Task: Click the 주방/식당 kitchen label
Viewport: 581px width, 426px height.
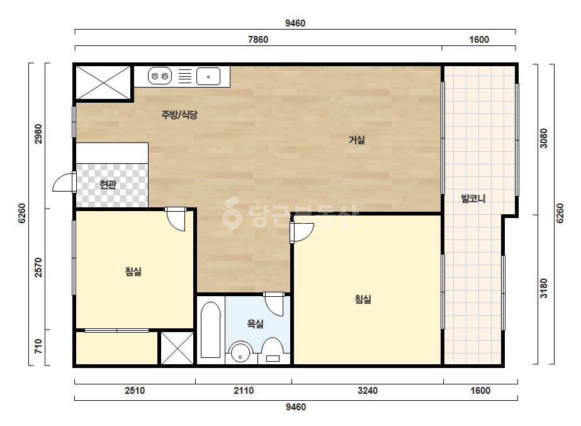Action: click(x=179, y=115)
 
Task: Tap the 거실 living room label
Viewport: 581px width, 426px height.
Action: click(x=356, y=140)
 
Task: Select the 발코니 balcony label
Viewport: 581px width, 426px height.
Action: click(x=473, y=199)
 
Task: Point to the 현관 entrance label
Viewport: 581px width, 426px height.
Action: click(x=108, y=185)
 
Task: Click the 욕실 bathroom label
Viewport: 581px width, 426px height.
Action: click(x=256, y=324)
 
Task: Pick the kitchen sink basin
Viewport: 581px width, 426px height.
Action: click(x=208, y=76)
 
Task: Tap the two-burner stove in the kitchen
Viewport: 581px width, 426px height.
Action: click(x=160, y=76)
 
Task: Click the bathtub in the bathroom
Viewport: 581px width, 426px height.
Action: click(x=210, y=330)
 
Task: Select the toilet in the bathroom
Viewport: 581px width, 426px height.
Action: click(x=273, y=350)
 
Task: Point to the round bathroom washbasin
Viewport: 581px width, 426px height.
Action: click(x=240, y=352)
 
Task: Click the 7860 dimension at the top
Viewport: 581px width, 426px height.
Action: click(x=258, y=39)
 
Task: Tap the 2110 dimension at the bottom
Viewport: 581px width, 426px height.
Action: click(x=244, y=390)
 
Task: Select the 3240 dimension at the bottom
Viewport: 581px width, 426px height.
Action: click(x=368, y=390)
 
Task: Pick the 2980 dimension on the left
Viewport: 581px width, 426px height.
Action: click(x=38, y=134)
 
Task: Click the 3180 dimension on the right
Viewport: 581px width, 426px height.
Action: click(x=543, y=289)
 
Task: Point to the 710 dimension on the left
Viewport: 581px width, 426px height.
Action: click(x=38, y=346)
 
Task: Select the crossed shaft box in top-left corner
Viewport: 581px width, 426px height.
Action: click(x=103, y=83)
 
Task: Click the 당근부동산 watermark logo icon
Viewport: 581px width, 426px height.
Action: click(x=232, y=213)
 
